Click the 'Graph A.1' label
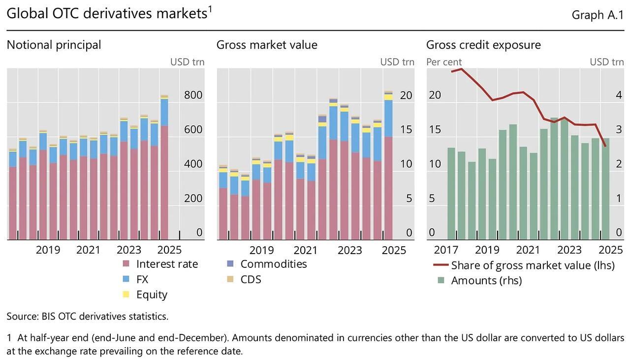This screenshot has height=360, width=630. click(x=598, y=15)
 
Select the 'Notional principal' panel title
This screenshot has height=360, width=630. click(x=54, y=45)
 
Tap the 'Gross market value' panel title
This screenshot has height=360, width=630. click(x=267, y=45)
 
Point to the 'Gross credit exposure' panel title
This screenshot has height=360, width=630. click(x=483, y=45)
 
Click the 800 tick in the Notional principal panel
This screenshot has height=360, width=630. click(x=193, y=95)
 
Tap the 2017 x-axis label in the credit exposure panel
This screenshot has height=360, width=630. click(x=446, y=250)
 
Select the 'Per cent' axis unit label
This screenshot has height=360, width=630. click(x=444, y=62)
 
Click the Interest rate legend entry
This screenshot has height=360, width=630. click(x=167, y=264)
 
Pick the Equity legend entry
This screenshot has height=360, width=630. click(x=152, y=295)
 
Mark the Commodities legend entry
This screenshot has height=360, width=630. click(x=273, y=264)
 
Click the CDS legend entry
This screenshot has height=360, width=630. click(x=251, y=279)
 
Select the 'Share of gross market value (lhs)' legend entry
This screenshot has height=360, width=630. click(x=533, y=265)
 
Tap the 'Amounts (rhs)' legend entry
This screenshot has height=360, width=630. click(x=486, y=281)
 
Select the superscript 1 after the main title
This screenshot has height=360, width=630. click(x=209, y=9)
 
